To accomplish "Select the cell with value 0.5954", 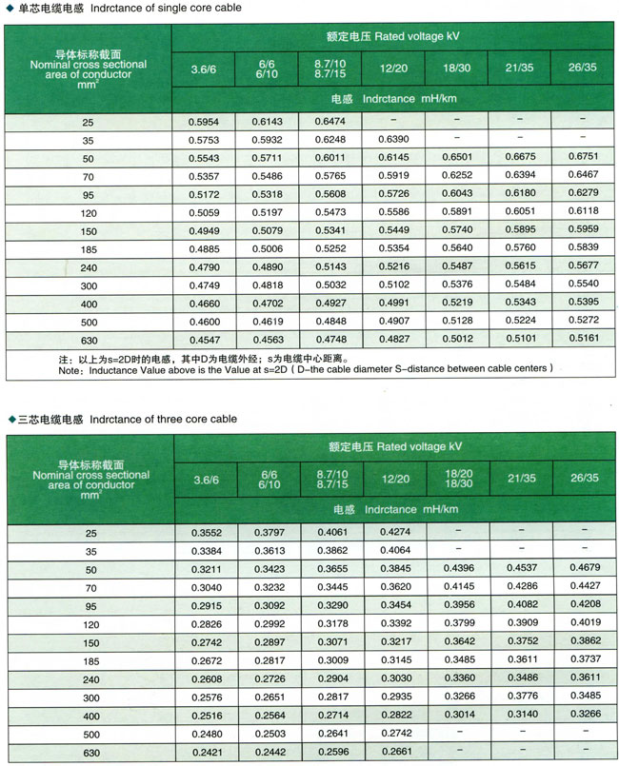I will (x=204, y=123).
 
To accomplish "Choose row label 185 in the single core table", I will (x=89, y=247).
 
